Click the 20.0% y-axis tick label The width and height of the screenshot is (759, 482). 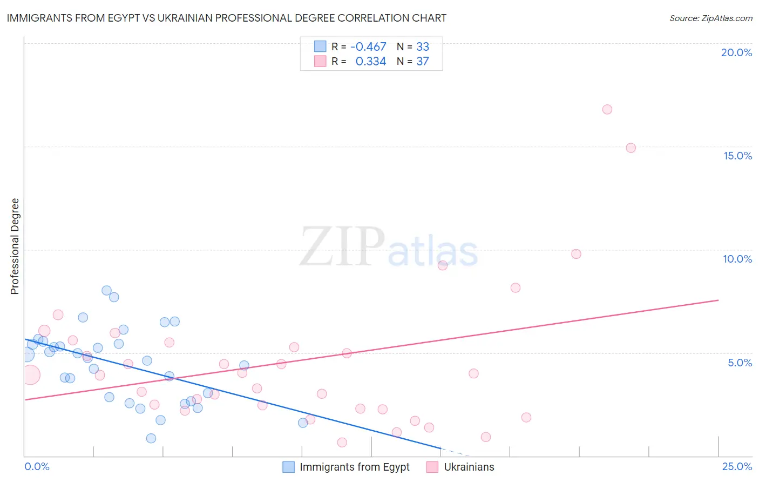(736, 52)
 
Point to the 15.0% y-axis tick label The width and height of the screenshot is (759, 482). (737, 156)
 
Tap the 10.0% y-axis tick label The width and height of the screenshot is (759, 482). (737, 259)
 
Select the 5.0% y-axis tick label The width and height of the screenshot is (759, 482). (740, 363)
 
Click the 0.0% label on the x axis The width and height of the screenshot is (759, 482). (37, 466)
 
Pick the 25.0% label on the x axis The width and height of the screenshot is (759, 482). (737, 466)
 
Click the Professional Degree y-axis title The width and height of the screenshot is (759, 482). (15, 246)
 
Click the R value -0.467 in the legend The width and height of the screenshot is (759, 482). (368, 47)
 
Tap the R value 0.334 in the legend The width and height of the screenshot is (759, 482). (370, 62)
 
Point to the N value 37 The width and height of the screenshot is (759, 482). (422, 62)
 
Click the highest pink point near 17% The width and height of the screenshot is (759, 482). (607, 110)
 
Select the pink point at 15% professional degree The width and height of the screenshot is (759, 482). (631, 148)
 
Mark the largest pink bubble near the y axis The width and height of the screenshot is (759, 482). (30, 374)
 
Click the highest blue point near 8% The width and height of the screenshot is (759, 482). (106, 291)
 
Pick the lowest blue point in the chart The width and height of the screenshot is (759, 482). (151, 438)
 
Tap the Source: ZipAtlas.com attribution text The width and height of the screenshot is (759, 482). (710, 18)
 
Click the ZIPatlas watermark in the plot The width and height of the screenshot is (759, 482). (389, 247)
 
